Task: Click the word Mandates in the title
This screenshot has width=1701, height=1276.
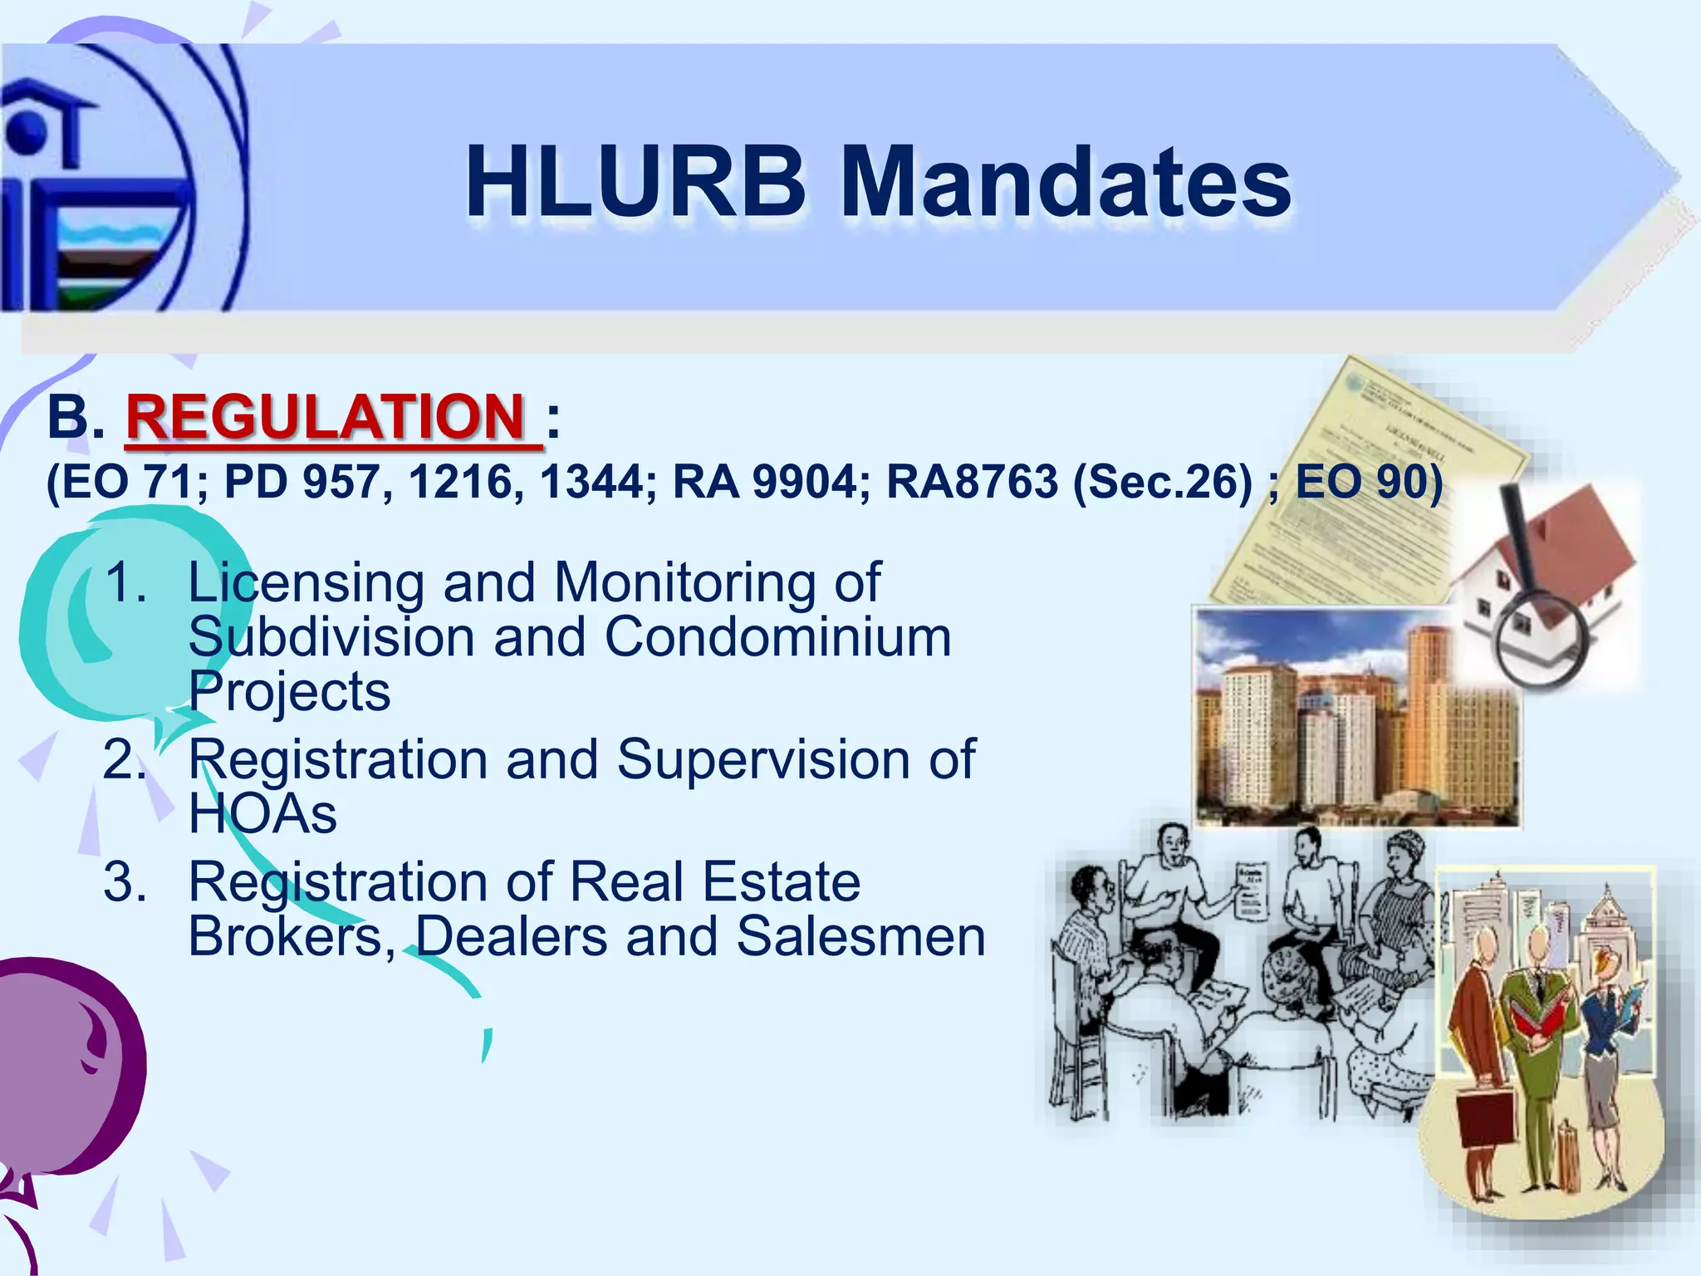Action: (1067, 183)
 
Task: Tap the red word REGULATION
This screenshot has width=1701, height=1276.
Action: (326, 417)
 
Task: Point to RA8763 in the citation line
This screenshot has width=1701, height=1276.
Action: (973, 482)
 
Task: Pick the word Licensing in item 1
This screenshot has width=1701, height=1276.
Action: (306, 583)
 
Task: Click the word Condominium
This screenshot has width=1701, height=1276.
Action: (777, 638)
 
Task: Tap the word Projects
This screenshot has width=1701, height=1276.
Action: (289, 691)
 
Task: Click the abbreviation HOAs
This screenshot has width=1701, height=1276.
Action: (262, 813)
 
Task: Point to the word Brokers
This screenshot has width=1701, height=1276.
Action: (292, 936)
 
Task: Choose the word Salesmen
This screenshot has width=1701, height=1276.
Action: (860, 936)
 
